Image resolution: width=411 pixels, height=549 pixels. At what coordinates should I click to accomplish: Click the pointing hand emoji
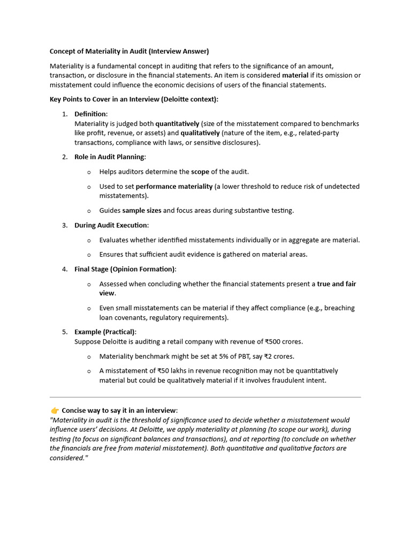pyautogui.click(x=55, y=411)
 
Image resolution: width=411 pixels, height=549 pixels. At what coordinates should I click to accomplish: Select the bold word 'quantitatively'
pyautogui.click(x=177, y=123)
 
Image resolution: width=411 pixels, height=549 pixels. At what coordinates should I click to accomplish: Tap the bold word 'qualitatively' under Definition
pyautogui.click(x=200, y=133)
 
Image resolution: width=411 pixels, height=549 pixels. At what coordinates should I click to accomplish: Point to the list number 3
pyautogui.click(x=64, y=225)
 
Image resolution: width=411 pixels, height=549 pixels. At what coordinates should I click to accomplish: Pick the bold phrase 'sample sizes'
pyautogui.click(x=141, y=210)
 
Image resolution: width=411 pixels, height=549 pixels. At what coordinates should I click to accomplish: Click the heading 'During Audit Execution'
pyautogui.click(x=111, y=225)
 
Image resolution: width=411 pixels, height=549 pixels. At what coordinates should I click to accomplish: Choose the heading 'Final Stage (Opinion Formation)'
pyautogui.click(x=125, y=269)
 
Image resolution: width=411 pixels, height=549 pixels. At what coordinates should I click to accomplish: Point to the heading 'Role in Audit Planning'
pyautogui.click(x=110, y=157)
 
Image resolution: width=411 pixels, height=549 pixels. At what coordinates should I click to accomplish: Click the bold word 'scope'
pyautogui.click(x=200, y=172)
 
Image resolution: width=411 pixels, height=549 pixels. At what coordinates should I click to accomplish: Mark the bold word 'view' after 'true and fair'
pyautogui.click(x=106, y=293)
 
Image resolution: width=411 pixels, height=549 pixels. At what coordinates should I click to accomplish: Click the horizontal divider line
pyautogui.click(x=205, y=397)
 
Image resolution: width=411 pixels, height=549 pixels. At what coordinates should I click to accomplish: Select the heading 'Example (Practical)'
pyautogui.click(x=105, y=332)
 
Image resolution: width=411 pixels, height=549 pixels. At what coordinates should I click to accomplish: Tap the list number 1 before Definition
pyautogui.click(x=64, y=114)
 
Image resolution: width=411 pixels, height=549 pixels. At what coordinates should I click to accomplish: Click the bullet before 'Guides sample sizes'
pyautogui.click(x=89, y=211)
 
